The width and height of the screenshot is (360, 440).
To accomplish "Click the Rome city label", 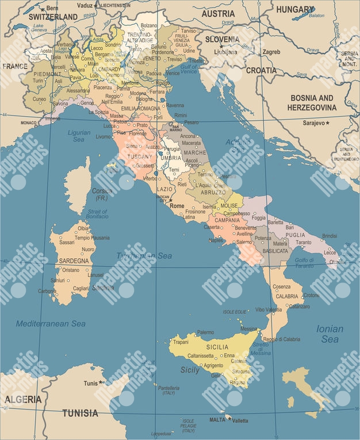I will (177, 205).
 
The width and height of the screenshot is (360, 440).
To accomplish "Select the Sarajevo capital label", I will (315, 123).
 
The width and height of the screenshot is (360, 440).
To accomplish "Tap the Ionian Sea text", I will (330, 334).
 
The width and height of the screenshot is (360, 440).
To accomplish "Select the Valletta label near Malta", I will (240, 420).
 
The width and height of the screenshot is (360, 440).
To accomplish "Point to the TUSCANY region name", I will (140, 156).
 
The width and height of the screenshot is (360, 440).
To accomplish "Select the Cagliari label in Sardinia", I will (81, 289).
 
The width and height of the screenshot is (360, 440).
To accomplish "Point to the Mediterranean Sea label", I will (51, 324).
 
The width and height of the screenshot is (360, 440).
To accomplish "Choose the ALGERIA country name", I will (23, 399).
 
